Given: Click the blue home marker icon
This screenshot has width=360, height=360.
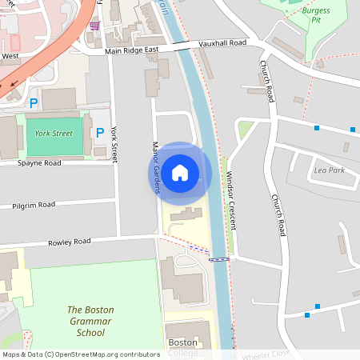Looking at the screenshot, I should pos(180,172).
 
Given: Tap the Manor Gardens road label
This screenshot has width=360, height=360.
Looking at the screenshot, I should pos(156,167).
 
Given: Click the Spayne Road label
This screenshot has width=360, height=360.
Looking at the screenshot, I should pos(39,162).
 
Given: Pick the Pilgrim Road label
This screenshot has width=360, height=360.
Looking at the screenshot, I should pos(34,206).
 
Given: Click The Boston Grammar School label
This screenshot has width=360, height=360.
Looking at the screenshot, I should pos(90,321).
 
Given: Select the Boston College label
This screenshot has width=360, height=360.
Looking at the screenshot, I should pos(182,347).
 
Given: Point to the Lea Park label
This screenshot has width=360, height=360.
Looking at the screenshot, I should pos(330,170).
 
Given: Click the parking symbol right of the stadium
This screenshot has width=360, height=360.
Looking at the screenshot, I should pos(100,132).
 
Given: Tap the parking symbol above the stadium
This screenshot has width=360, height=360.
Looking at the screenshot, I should pos(34,103).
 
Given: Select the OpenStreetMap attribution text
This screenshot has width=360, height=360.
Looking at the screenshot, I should pos(81,354).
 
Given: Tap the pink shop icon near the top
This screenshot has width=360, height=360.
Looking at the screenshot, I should pos(95,25).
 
